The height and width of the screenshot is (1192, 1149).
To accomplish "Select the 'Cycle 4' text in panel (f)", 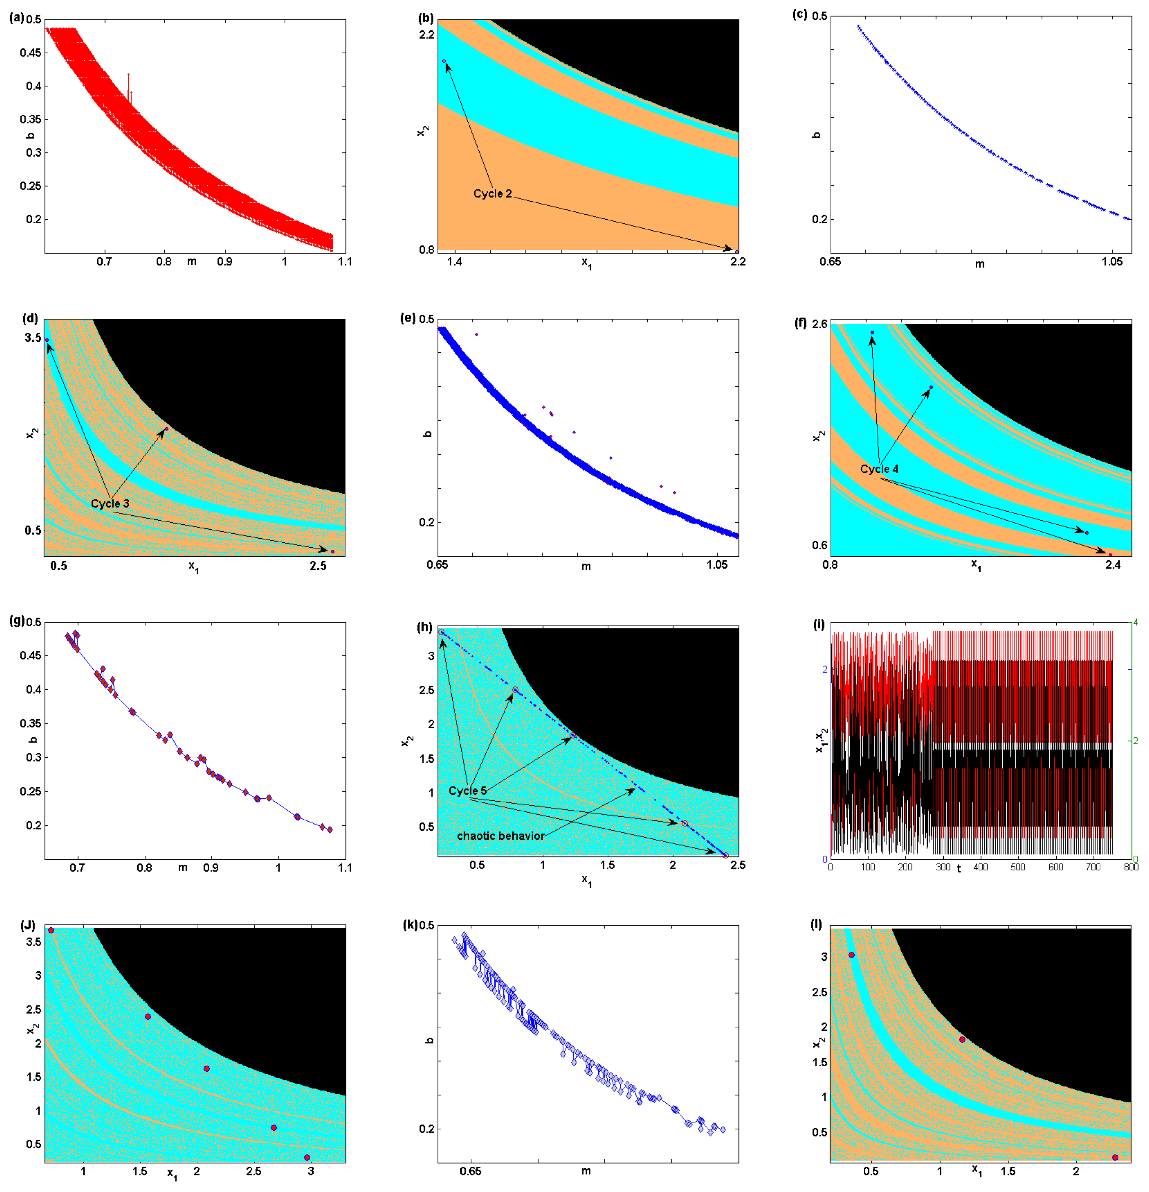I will (x=879, y=469).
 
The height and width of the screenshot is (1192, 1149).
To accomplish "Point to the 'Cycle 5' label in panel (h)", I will (x=467, y=790).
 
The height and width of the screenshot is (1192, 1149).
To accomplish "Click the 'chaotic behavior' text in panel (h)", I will (x=501, y=836).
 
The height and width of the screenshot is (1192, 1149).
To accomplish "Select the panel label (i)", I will (x=819, y=624).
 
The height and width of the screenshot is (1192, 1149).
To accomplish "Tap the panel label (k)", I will (x=411, y=925).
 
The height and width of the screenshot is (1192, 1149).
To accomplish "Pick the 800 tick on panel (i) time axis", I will (x=1131, y=867).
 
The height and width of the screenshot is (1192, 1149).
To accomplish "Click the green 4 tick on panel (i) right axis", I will (x=1135, y=623).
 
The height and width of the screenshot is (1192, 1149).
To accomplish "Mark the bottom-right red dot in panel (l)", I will (x=1115, y=1157).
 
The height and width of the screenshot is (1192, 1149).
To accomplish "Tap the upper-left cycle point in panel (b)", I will (x=444, y=62).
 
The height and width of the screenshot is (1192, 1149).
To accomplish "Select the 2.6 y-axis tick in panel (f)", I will (x=819, y=324).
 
